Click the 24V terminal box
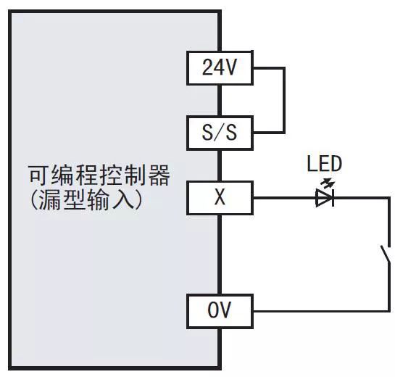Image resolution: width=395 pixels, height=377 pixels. (220, 69)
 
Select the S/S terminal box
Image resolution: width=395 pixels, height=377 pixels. (220, 133)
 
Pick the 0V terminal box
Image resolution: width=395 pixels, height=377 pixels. (220, 312)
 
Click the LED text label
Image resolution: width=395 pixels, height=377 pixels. (324, 164)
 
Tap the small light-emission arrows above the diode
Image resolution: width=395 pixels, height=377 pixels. (330, 181)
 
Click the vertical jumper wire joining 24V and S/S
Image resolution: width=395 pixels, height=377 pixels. (285, 101)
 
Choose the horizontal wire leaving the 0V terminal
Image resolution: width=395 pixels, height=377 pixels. (319, 312)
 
